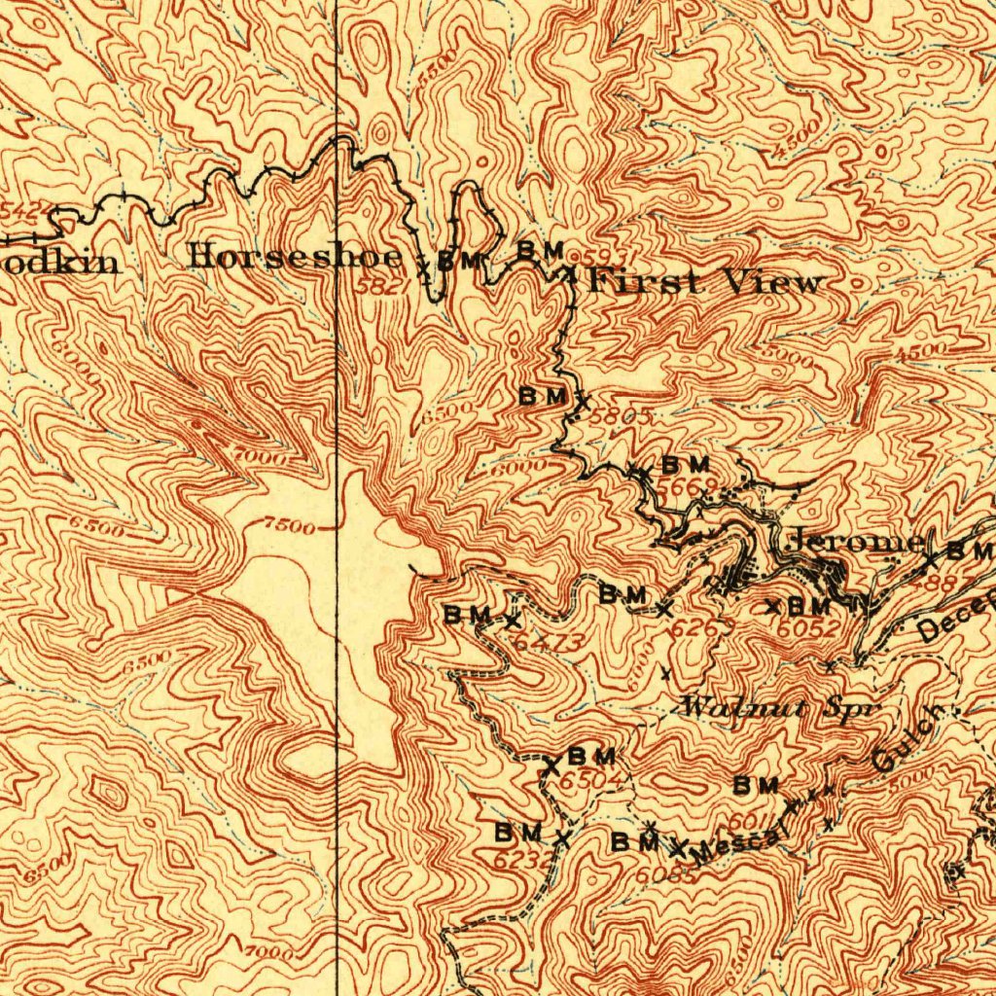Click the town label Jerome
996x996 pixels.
point(853,542)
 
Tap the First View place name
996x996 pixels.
point(707,283)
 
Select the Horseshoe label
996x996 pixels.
point(296,258)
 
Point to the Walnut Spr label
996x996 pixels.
point(780,707)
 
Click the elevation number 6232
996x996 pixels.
point(522,859)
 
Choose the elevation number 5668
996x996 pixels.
point(687,485)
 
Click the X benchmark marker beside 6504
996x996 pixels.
point(551,767)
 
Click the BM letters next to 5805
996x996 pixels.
point(542,396)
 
